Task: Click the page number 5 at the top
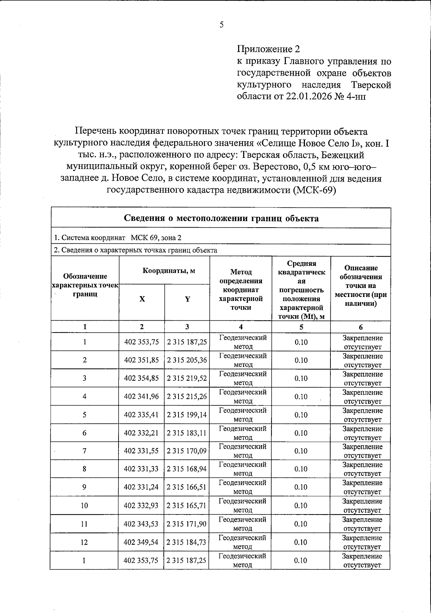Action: click(x=222, y=25)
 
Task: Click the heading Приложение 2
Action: click(x=268, y=49)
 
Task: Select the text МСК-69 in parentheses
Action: click(x=314, y=190)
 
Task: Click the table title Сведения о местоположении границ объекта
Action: click(x=221, y=218)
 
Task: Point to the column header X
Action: click(x=142, y=299)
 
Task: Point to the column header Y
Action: click(x=187, y=299)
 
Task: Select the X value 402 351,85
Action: click(x=142, y=360)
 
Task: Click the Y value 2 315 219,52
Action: click(x=187, y=378)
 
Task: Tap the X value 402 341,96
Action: click(x=142, y=397)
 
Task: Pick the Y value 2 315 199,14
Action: click(x=187, y=415)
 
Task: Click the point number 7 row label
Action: click(x=84, y=451)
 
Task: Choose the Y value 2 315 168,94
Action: click(x=187, y=469)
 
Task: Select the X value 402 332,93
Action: click(x=142, y=506)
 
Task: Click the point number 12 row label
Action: click(x=84, y=542)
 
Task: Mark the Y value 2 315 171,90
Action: click(x=187, y=524)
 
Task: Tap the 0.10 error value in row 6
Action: click(x=301, y=433)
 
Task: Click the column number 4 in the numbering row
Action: click(x=241, y=327)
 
